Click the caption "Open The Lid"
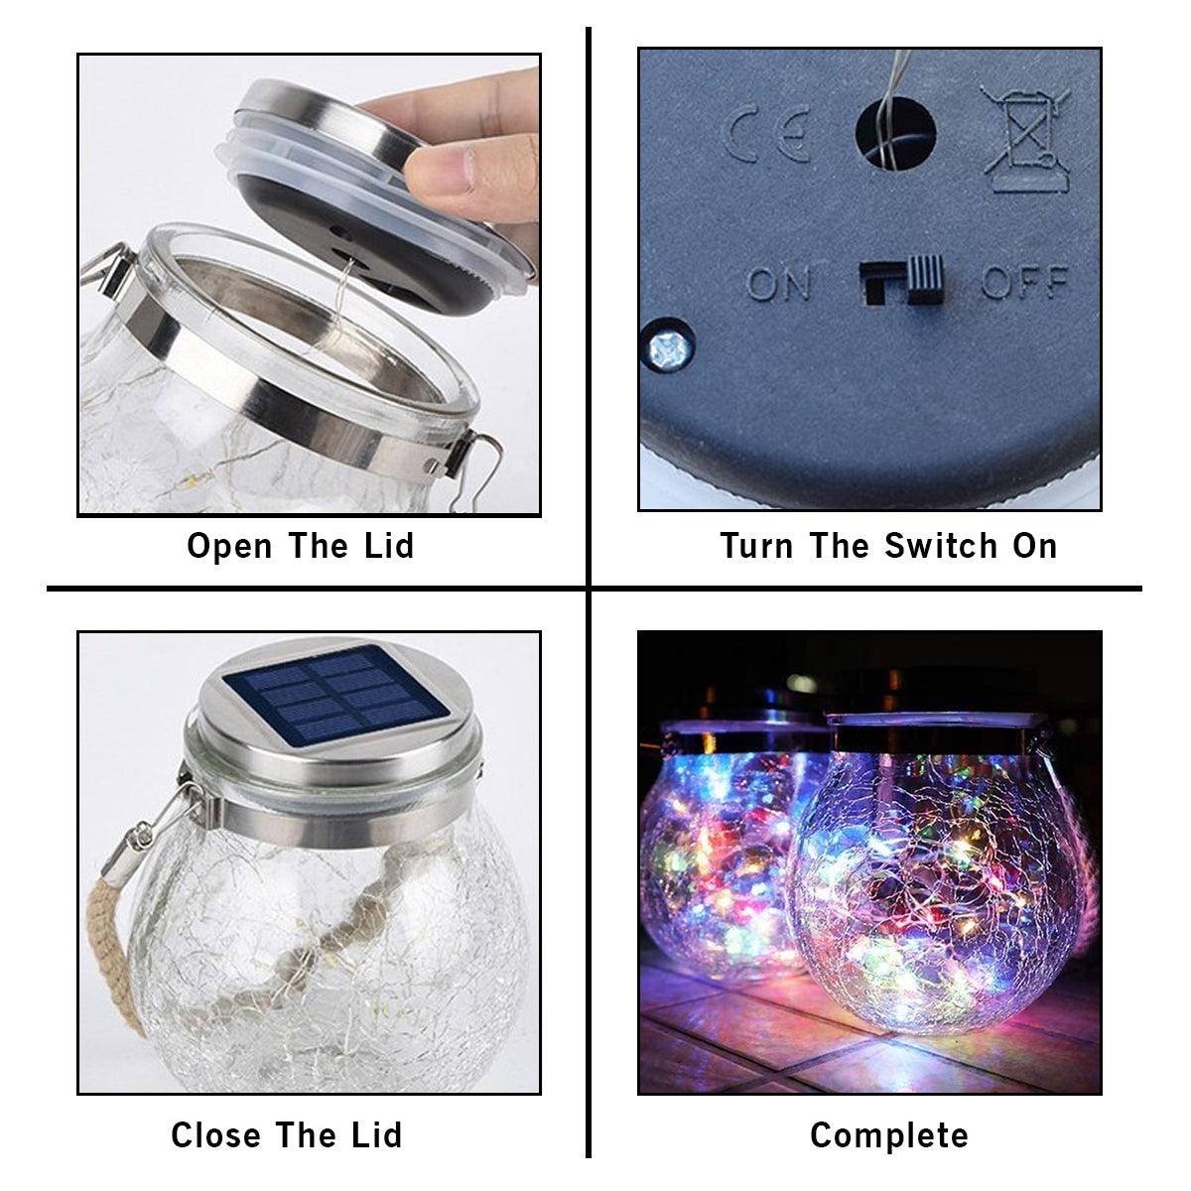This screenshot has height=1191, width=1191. (x=300, y=546)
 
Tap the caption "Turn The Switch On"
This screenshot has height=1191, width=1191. (x=889, y=546)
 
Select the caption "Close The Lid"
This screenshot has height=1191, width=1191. (x=286, y=1134)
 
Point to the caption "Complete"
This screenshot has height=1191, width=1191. (x=889, y=1134)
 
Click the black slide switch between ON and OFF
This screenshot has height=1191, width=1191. (x=901, y=282)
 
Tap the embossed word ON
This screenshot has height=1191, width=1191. (x=778, y=284)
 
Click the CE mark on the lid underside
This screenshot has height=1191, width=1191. (x=770, y=136)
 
